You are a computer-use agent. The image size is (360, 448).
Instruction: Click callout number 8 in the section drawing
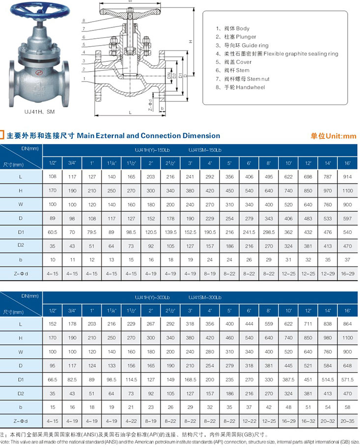click(x=84, y=20)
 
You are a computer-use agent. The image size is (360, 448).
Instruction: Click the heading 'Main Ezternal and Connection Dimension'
click(x=148, y=135)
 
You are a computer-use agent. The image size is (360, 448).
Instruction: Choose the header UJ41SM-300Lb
click(x=205, y=298)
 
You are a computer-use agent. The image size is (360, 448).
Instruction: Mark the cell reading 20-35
click(x=347, y=421)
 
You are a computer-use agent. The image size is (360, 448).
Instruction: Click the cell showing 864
click(x=347, y=324)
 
